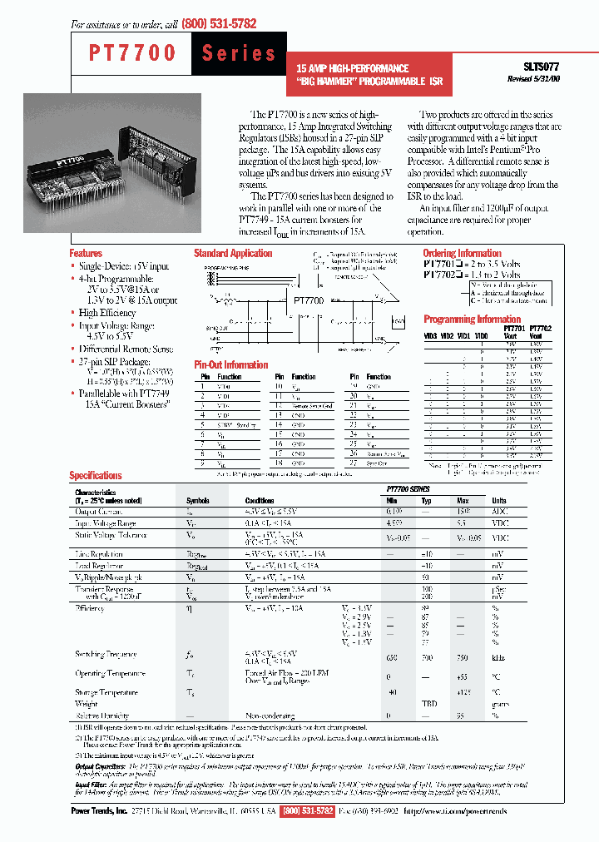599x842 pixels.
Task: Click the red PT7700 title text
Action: [132, 53]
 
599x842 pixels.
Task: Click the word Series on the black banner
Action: [239, 53]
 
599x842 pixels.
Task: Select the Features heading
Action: [86, 253]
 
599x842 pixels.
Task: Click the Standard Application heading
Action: [233, 253]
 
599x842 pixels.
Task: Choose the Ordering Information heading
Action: [462, 253]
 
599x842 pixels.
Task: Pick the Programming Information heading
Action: [472, 319]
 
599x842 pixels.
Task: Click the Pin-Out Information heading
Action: [230, 364]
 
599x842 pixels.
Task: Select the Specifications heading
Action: [95, 475]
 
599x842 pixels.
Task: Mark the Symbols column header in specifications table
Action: [198, 501]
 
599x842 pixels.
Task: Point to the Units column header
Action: [499, 501]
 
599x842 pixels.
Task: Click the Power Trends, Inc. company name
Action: [98, 810]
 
